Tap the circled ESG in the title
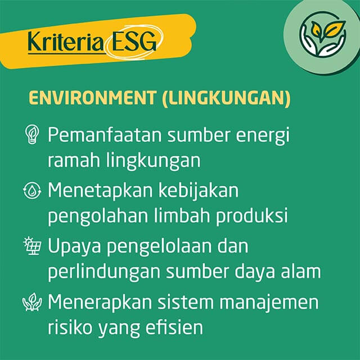point(134,42)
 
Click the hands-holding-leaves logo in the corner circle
point(322,34)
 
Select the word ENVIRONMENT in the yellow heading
point(92,98)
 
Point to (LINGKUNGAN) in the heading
point(226,98)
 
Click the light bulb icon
point(32,134)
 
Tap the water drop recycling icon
point(32,190)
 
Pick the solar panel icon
point(33,246)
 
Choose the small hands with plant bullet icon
point(32,301)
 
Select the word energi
point(263,137)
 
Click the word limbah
point(182,215)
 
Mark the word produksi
point(251,217)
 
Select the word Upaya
point(74,247)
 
